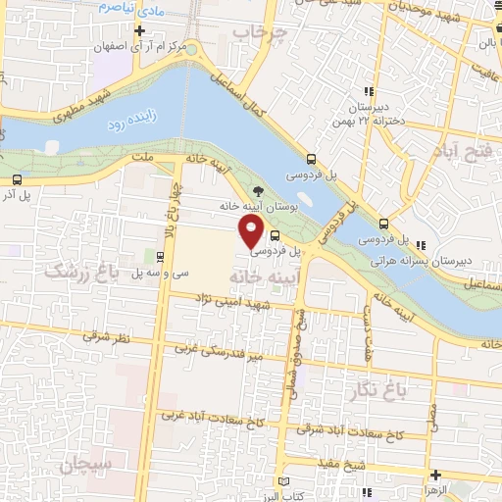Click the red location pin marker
(x=252, y=231)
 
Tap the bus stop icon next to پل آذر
(x=17, y=179)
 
